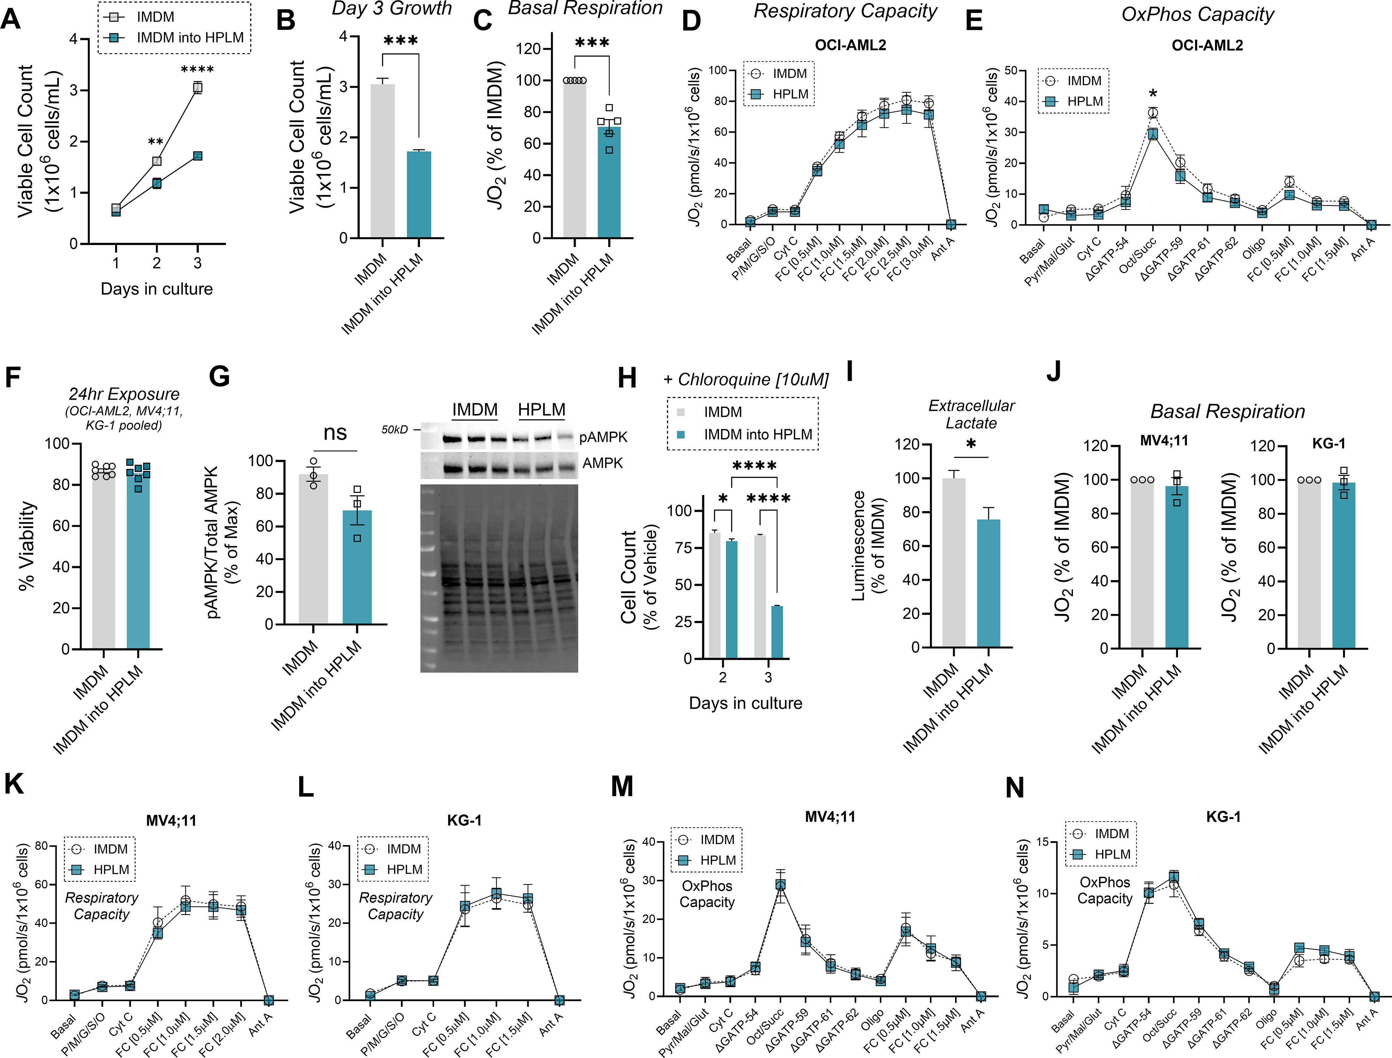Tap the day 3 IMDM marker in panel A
198,88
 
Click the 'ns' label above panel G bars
335,433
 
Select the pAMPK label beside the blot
603,437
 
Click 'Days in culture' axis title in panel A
157,289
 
